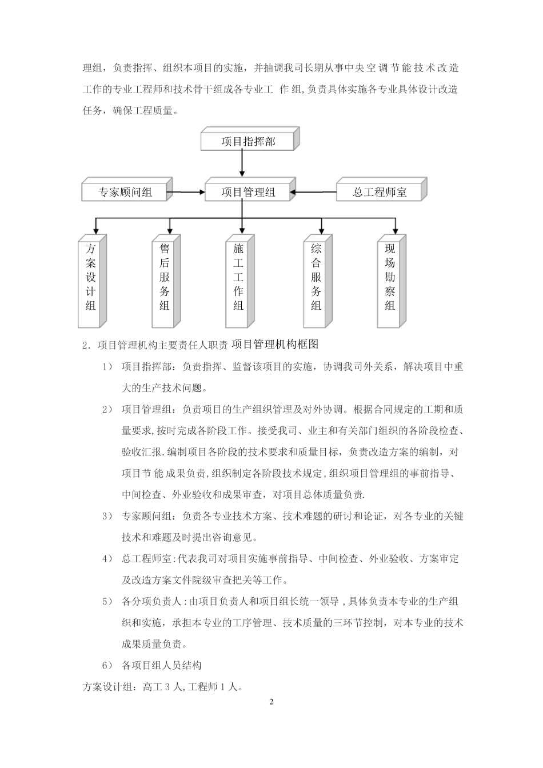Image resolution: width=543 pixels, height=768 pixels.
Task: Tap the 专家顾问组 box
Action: coord(125,193)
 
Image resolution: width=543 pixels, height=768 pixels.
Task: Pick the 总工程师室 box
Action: coord(379,193)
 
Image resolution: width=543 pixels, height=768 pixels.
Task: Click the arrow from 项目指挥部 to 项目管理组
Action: coord(243,164)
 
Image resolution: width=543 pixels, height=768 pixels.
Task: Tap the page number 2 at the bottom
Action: coord(272,701)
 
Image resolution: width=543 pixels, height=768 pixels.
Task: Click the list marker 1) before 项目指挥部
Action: coord(107,367)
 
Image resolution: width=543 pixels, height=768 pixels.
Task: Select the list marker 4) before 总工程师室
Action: coord(107,559)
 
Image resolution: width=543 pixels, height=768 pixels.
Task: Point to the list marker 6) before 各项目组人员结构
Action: coord(107,666)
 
